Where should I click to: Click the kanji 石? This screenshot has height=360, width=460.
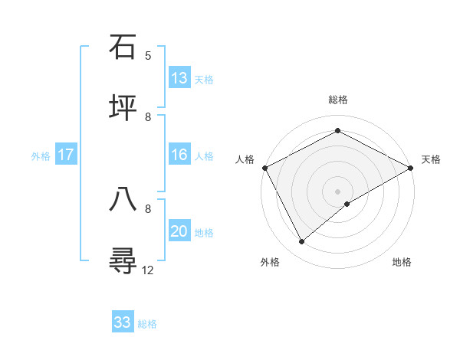point(123,47)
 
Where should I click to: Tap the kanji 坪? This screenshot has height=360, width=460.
point(123,107)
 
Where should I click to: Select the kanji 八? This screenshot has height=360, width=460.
point(123,198)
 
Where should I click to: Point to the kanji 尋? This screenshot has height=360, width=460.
point(123,260)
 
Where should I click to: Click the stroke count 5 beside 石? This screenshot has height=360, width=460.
point(148,56)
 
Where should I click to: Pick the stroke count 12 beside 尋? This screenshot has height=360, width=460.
point(148,269)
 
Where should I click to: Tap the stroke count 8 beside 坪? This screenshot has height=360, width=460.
point(148,116)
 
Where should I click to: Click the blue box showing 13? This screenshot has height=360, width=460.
point(179,78)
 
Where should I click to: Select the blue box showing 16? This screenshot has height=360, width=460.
point(179,155)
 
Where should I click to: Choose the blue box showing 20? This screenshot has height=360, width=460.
point(179,231)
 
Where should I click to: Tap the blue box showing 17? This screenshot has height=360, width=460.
point(66,155)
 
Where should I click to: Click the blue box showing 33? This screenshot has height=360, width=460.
point(123,322)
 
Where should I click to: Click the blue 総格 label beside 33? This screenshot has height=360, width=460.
point(147,324)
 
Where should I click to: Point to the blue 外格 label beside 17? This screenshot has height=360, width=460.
point(41,155)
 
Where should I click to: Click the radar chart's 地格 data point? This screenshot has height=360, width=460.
point(347,204)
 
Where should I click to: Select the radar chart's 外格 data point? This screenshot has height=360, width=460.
point(302,242)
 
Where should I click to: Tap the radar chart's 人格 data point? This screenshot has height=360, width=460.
point(264,168)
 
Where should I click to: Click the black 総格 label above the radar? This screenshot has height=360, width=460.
point(338,100)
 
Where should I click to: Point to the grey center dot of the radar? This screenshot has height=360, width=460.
point(338,191)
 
